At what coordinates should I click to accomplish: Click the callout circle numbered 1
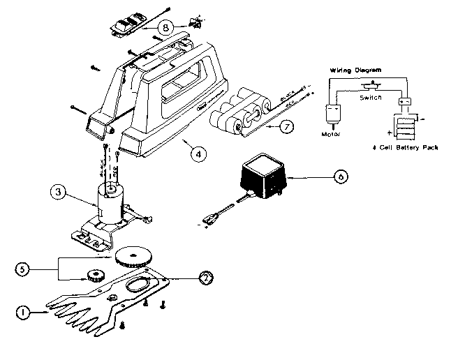pyautogui.click(x=23, y=313)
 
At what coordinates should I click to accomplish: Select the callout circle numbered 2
pyautogui.click(x=206, y=277)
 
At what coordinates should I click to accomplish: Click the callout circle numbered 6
pyautogui.click(x=339, y=177)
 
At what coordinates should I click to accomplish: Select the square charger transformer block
pyautogui.click(x=265, y=172)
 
